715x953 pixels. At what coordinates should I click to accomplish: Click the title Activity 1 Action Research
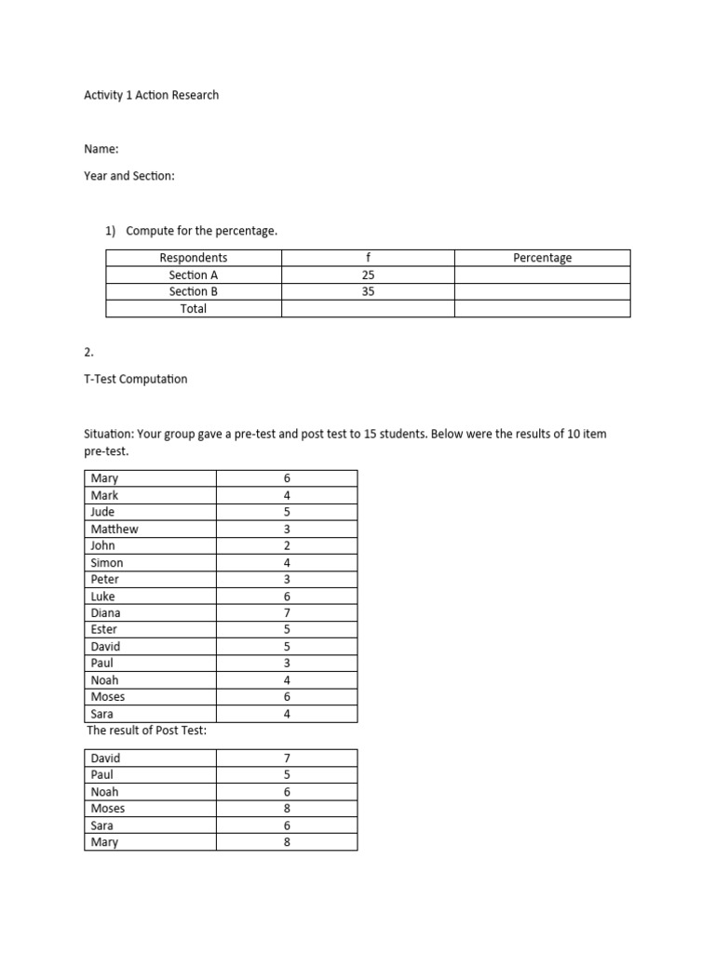pos(152,95)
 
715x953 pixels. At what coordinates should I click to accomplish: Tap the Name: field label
pos(101,149)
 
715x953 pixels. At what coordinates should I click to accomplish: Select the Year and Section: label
pos(129,175)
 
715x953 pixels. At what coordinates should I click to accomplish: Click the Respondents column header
pos(194,258)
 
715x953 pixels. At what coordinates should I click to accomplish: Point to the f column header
pos(368,258)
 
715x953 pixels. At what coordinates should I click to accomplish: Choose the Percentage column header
pos(543,258)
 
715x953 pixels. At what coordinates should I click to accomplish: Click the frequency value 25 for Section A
pos(368,275)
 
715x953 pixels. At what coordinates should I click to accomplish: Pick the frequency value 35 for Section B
pos(368,291)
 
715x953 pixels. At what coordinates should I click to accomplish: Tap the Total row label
pos(194,308)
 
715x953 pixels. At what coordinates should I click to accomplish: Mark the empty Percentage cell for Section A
pos(543,275)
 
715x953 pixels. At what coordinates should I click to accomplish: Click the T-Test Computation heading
pos(136,379)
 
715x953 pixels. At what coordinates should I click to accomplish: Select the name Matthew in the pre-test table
pos(115,529)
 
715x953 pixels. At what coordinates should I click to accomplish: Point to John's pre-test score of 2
pos(287,545)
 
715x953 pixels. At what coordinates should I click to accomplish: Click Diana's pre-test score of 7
pos(287,612)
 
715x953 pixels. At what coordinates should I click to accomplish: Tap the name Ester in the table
pos(105,629)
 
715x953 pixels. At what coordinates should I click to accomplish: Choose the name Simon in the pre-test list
pos(107,562)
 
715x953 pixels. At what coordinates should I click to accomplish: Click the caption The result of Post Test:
pos(147,731)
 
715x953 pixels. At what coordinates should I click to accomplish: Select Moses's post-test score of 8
pos(287,808)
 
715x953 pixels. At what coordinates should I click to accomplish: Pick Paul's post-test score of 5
pos(287,774)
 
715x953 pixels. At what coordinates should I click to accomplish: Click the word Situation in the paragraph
pos(111,435)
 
